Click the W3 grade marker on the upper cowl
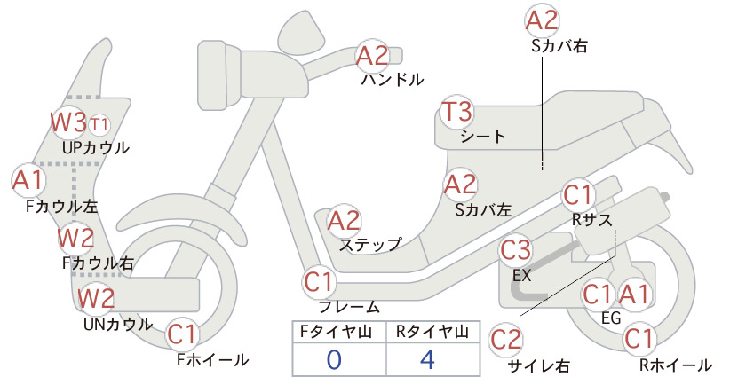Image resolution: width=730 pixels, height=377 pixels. [68, 122]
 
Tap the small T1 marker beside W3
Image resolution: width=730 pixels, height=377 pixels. [99, 124]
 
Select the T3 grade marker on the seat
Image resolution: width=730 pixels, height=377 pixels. [457, 112]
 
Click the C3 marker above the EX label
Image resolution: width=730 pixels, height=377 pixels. [515, 250]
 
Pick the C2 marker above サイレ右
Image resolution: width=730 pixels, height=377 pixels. [505, 340]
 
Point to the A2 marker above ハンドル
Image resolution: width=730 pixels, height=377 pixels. [371, 56]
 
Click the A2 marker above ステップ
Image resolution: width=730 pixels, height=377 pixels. [344, 221]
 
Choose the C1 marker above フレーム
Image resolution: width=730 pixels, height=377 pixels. [319, 282]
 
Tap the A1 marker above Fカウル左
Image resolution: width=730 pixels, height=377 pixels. [28, 180]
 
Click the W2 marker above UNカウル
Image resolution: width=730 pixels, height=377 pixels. [95, 298]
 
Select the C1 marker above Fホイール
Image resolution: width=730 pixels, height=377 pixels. [183, 334]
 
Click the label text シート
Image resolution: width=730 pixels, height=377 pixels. [483, 137]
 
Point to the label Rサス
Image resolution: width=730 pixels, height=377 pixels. [591, 219]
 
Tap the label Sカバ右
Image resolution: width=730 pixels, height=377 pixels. [559, 45]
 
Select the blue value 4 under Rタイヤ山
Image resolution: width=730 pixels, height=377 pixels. [427, 359]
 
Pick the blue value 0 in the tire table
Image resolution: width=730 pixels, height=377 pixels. [334, 360]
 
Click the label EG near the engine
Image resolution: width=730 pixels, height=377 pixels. [611, 318]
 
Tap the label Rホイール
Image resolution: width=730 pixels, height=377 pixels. [675, 365]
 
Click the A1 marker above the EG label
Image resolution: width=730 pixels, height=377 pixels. [633, 295]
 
